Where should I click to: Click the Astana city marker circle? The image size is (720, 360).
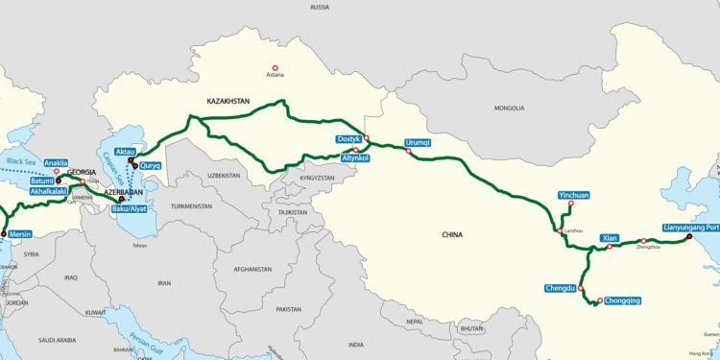point(276,68)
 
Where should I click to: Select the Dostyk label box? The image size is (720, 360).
point(348,140)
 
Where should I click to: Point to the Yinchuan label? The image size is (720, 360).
point(573,195)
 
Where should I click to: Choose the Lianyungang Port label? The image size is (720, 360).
point(690,228)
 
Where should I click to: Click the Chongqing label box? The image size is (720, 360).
point(623,300)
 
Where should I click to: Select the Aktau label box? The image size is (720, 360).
point(126,153)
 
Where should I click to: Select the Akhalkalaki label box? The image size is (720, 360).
point(47,192)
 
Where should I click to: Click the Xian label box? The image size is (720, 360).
point(609,236)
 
